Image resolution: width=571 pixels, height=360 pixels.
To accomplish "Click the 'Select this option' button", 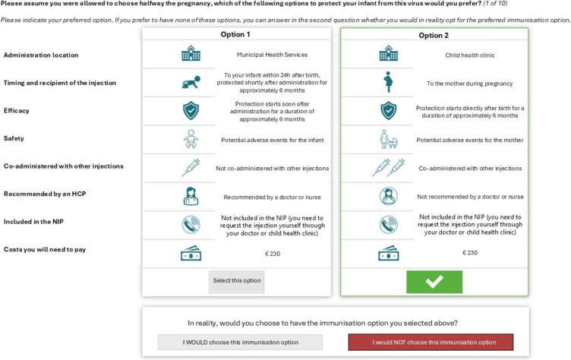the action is coord(236,281).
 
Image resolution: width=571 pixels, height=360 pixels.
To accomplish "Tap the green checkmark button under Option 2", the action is coord(434,282).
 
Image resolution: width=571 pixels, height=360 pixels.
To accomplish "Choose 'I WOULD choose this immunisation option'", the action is coord(241,342).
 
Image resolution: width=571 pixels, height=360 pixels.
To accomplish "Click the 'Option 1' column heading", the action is coord(235,34).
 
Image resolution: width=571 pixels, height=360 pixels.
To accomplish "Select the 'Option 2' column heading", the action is coord(434,36).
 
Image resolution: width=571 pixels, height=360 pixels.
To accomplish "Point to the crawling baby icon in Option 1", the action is coord(191,83).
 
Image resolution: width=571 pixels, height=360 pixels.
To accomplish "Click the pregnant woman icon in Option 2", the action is coord(388,82).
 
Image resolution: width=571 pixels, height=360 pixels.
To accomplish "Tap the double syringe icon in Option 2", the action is coord(388,168).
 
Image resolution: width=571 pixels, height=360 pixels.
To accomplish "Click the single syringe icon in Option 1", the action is coord(191,168).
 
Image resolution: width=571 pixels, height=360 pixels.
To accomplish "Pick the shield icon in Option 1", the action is coord(191,111).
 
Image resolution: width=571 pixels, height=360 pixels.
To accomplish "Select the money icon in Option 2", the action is coord(389,253).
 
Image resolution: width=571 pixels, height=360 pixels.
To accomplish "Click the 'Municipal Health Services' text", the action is coord(272,55).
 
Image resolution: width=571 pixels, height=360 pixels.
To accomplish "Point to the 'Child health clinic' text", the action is coord(470,55).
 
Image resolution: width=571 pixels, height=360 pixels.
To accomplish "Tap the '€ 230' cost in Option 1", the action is coord(273,254).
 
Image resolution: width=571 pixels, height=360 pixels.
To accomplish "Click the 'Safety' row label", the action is coord(14,138).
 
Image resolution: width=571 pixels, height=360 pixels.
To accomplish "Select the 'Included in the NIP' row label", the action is coord(33,222).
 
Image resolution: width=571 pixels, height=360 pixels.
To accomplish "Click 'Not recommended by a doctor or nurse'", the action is coord(470,197).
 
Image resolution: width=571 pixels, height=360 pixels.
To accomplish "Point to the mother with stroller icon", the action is coord(388,139).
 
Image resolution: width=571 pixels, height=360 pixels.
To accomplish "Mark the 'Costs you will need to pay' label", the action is coord(45,250).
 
